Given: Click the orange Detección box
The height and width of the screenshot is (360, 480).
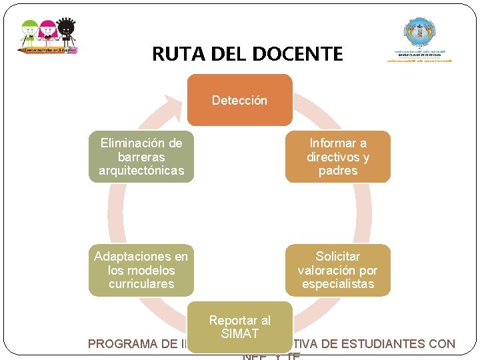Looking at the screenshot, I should (239, 100).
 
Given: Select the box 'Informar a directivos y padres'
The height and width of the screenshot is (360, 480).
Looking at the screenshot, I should (338, 157).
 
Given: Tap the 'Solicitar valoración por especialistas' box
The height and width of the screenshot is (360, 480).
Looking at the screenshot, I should (338, 270).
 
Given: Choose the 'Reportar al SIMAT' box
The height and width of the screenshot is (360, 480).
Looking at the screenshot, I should (239, 327).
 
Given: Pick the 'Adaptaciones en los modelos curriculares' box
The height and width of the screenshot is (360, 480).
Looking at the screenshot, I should (141, 270).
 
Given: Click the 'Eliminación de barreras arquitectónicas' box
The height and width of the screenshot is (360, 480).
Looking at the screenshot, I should (141, 157).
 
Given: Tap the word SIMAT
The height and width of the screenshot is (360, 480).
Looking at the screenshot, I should (239, 333).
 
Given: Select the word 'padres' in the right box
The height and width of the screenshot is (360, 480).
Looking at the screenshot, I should (338, 171).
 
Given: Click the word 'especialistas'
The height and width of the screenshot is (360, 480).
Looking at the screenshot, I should (338, 284).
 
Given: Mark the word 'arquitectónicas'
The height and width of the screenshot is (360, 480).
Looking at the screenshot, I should (141, 171).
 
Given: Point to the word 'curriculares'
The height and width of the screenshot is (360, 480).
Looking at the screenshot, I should (141, 284).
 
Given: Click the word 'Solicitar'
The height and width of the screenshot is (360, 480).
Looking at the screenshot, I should (338, 256).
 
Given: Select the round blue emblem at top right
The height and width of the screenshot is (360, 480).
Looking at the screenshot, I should (419, 33).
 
